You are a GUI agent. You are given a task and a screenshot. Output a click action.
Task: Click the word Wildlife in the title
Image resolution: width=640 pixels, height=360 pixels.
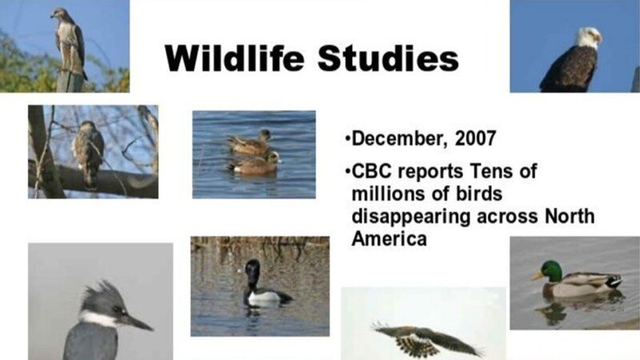point(234,58)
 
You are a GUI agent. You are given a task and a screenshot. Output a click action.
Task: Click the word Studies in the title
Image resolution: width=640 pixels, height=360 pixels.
point(388,58)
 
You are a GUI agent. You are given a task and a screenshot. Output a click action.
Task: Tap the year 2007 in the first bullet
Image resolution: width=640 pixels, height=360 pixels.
point(475,138)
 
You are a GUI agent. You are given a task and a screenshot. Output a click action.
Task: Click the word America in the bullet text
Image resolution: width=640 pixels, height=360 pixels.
point(389,238)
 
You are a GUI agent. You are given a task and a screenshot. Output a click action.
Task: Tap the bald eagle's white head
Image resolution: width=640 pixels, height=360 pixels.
point(588,37)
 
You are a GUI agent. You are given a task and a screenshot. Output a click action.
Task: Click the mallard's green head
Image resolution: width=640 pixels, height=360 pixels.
point(551,271)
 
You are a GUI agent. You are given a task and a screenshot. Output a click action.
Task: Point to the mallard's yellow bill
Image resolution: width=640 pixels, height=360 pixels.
point(536,276)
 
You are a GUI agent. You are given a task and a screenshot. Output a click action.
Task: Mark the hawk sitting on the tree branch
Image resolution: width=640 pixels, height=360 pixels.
point(89,153)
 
